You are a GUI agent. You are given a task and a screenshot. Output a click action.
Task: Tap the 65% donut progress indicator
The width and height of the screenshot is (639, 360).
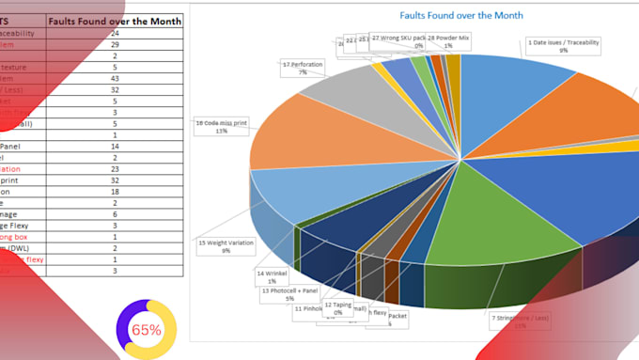pyautogui.click(x=146, y=329)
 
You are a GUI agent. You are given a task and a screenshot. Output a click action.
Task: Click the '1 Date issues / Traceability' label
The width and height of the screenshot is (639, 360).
pyautogui.click(x=563, y=46)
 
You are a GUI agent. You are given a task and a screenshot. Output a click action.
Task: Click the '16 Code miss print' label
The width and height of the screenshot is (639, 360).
pyautogui.click(x=222, y=126)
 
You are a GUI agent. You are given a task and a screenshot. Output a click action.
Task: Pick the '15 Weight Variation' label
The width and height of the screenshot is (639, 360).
pyautogui.click(x=226, y=246)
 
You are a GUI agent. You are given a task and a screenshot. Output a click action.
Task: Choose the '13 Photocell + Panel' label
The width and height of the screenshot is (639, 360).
pyautogui.click(x=289, y=294)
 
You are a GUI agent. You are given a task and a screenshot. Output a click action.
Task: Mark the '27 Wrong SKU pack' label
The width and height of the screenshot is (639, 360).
pyautogui.click(x=398, y=41)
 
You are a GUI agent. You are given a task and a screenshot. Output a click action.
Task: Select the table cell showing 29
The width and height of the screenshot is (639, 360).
pyautogui.click(x=140, y=44)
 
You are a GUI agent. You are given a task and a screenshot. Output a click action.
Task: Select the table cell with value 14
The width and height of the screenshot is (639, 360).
pyautogui.click(x=140, y=148)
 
